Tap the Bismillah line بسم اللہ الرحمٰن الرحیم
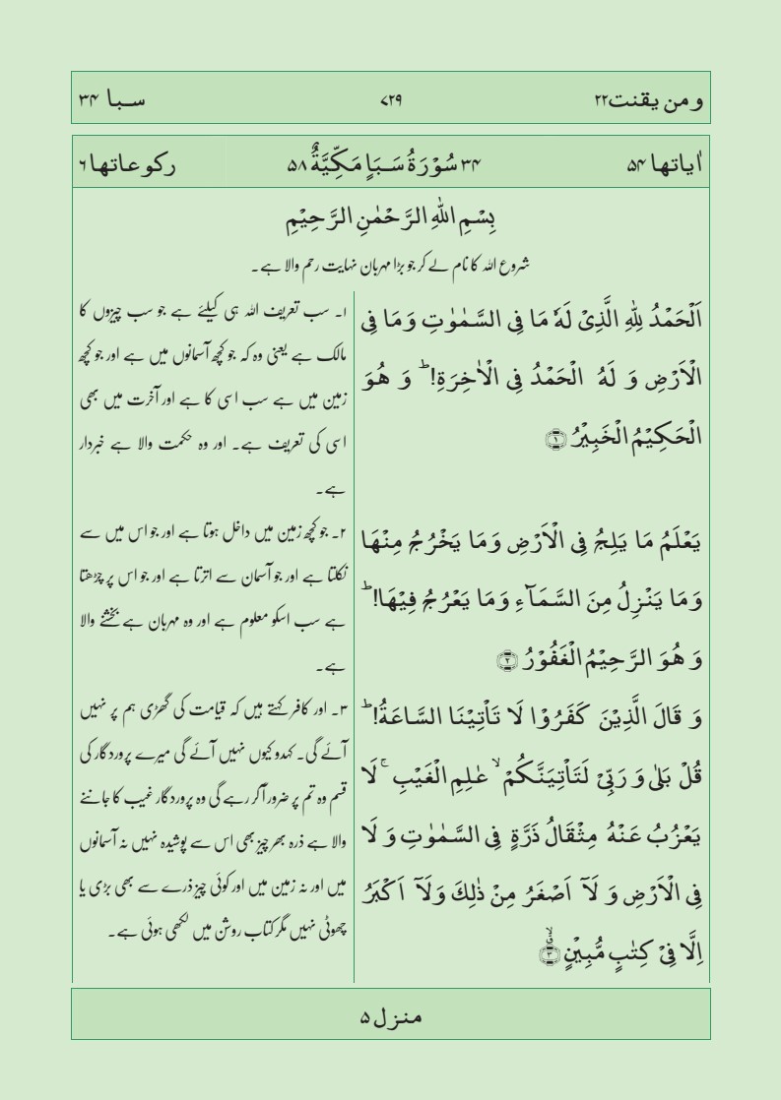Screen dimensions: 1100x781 point(390,221)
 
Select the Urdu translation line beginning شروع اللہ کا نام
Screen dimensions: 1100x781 point(390,263)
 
